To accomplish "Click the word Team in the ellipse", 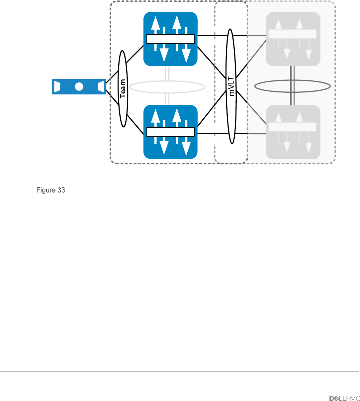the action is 123,88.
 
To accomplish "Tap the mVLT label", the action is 231,86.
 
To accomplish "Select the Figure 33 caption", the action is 50,190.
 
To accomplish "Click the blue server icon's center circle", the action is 79,87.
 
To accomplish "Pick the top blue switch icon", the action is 170,39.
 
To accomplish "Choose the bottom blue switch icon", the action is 170,132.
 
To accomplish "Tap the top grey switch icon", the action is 293,39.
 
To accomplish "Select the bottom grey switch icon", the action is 293,132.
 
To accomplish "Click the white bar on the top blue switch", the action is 170,39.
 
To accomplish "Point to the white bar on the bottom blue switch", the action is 170,132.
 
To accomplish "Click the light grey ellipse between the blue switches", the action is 167,81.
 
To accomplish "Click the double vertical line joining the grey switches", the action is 292,85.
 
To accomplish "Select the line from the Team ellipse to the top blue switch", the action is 135,54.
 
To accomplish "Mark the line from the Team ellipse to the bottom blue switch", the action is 135,124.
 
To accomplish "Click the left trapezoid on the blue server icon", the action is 57,86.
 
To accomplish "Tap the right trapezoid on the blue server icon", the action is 101,86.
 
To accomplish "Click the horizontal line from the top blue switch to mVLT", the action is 212,35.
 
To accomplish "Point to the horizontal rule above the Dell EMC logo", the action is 180,371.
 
